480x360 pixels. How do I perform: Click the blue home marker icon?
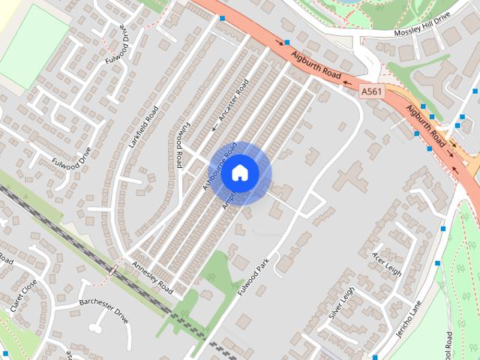239,172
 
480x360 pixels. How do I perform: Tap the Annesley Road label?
151,277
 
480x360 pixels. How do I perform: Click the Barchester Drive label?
104,309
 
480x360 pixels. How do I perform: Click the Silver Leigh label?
340,302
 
